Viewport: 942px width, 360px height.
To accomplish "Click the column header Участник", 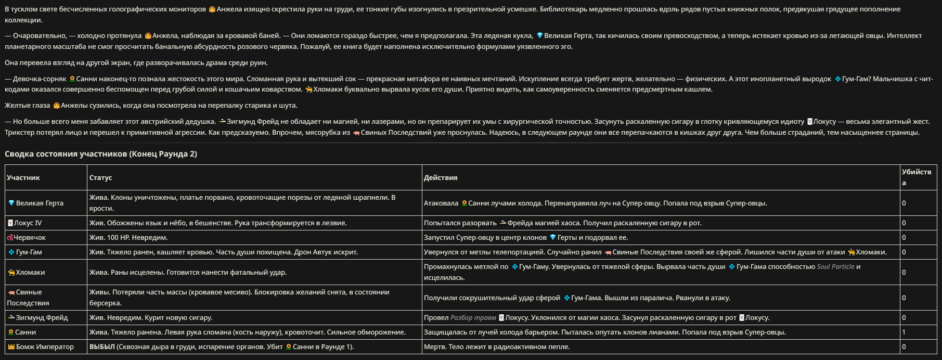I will click(23, 177).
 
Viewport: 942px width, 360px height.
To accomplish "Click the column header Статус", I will click(100, 177).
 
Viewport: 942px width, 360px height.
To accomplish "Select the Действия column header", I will click(441, 177).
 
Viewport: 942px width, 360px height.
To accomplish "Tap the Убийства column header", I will click(916, 177).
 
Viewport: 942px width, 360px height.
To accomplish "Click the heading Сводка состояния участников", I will click(101, 154).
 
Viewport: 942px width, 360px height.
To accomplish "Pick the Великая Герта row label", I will click(40, 203).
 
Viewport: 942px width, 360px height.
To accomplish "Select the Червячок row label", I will click(29, 237).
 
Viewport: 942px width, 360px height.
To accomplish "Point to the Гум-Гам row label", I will click(29, 252).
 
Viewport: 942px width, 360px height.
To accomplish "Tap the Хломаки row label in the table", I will click(30, 272).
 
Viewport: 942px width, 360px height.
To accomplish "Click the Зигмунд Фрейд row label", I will click(42, 317).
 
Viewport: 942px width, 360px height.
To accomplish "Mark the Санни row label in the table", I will click(25, 332).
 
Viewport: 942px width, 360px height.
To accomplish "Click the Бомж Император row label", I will click(45, 346).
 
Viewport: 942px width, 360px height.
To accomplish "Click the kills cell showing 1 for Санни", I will click(904, 332).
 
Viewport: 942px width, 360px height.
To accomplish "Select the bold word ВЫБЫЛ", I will click(102, 346).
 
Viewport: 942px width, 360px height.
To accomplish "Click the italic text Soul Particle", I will click(835, 266).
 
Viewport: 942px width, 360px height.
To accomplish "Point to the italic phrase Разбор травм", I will click(473, 317).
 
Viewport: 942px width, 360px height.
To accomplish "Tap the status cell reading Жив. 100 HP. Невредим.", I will click(128, 237).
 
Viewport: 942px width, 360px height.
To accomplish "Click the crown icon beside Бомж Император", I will click(11, 346).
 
